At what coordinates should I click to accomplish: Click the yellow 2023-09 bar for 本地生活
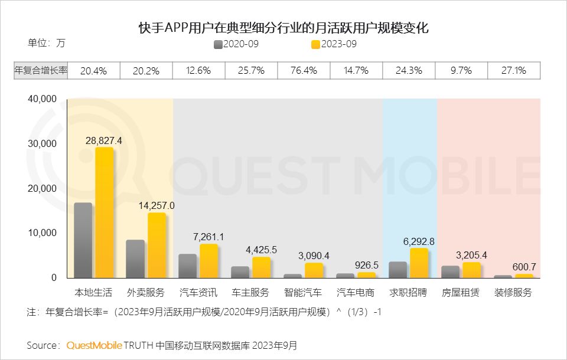pyautogui.click(x=104, y=212)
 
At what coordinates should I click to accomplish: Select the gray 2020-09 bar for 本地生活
pyautogui.click(x=83, y=240)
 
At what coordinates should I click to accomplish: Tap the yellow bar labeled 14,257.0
pyautogui.click(x=157, y=245)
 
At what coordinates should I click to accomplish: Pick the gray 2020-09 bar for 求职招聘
pyautogui.click(x=397, y=270)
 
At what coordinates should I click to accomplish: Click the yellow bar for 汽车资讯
pyautogui.click(x=208, y=261)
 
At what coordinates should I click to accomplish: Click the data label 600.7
pyautogui.click(x=523, y=267)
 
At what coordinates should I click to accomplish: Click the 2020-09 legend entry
pyautogui.click(x=236, y=44)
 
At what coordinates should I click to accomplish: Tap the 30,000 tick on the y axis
pyautogui.click(x=43, y=144)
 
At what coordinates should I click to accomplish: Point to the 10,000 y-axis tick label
pyautogui.click(x=43, y=233)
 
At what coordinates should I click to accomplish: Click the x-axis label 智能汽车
pyautogui.click(x=303, y=293)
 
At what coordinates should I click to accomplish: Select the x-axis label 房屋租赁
pyautogui.click(x=461, y=293)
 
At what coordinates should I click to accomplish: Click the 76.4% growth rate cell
pyautogui.click(x=304, y=71)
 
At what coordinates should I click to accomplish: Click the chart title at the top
pyautogui.click(x=283, y=28)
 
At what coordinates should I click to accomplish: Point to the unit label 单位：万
pyautogui.click(x=47, y=43)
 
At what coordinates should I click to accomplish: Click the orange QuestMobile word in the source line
pyautogui.click(x=94, y=345)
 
